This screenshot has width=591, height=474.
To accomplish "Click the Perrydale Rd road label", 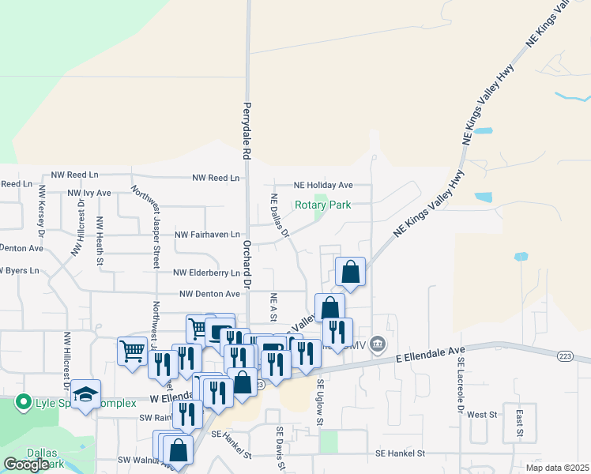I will pyautogui.click(x=247, y=130).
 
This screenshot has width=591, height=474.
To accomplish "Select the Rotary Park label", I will pyautogui.click(x=322, y=205).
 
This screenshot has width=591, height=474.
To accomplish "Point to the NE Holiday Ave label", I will pyautogui.click(x=323, y=185).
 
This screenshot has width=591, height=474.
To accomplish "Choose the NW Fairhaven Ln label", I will pyautogui.click(x=208, y=235).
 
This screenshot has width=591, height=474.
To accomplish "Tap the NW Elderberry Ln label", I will pyautogui.click(x=208, y=273).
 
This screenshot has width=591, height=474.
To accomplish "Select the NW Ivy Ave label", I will pyautogui.click(x=89, y=192).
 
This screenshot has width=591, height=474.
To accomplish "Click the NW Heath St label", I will pyautogui.click(x=100, y=240).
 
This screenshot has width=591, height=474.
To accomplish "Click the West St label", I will pyautogui.click(x=481, y=414).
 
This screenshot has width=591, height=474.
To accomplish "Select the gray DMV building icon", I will pyautogui.click(x=378, y=344).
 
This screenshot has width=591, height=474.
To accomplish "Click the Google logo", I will pyautogui.click(x=27, y=465).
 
